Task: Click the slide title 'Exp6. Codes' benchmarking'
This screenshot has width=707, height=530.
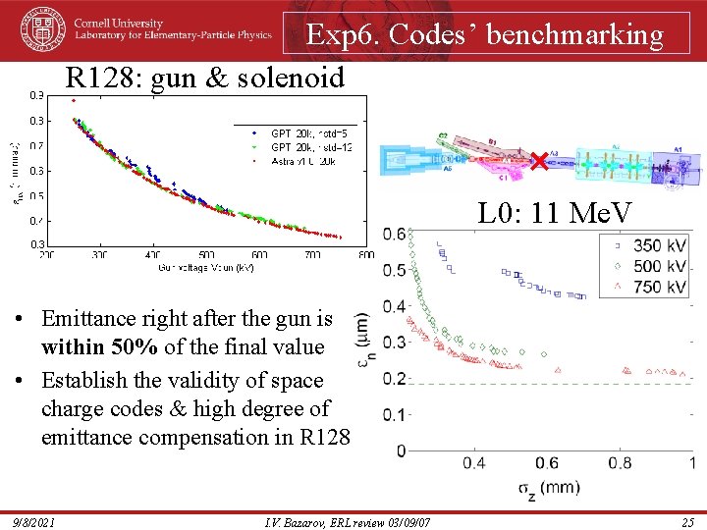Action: click(485, 35)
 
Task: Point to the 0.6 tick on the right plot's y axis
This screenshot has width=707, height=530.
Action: click(394, 234)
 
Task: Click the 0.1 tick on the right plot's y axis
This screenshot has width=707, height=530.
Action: click(394, 415)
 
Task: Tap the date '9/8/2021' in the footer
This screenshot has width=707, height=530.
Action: click(35, 520)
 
